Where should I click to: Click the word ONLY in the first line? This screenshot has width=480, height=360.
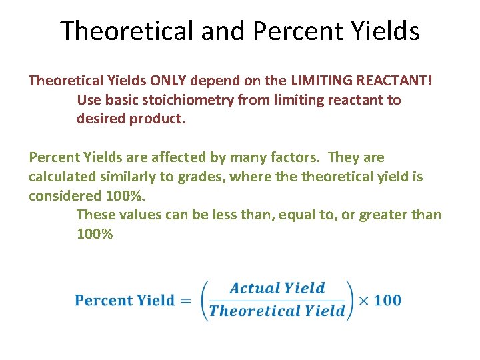(169, 81)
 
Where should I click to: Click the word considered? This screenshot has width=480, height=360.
(64, 196)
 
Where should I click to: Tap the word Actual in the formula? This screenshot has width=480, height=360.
(253, 289)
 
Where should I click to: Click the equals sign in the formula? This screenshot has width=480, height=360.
(186, 301)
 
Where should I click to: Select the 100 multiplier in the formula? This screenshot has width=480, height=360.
(387, 300)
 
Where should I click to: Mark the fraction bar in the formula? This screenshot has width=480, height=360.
(277, 300)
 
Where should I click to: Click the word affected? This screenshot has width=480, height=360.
(173, 157)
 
